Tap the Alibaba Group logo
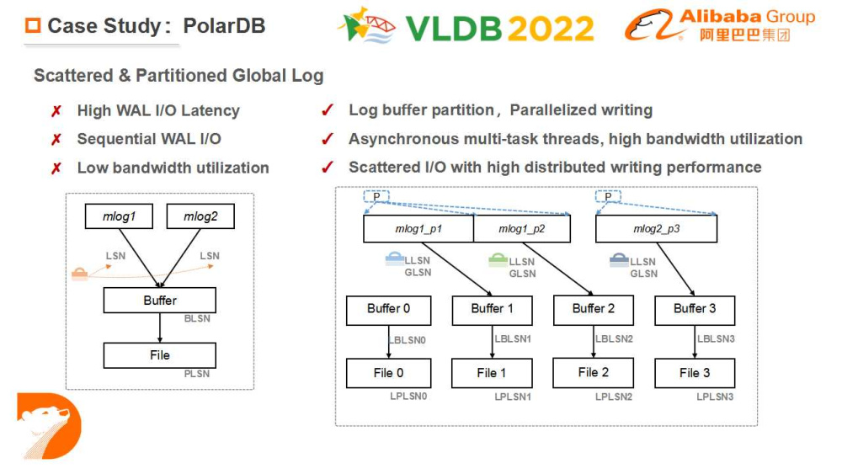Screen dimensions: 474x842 tap(720, 26)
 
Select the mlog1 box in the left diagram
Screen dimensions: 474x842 tap(119, 216)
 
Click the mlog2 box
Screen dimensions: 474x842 tap(200, 216)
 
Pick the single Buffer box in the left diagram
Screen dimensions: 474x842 tap(159, 301)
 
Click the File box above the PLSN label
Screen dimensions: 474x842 tap(159, 355)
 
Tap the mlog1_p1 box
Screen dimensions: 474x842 tap(418, 228)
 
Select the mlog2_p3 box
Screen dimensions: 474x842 tap(655, 228)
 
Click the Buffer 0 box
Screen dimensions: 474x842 tap(388, 309)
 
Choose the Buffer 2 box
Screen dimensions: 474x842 tap(594, 309)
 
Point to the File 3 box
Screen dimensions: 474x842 tap(695, 373)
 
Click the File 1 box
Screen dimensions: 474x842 tap(492, 373)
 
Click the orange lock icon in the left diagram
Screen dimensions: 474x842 tap(79, 274)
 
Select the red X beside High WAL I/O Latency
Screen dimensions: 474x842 tap(56, 111)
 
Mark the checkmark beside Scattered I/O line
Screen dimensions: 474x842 tap(328, 167)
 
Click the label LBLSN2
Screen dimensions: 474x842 tap(614, 339)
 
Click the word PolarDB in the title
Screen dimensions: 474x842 tap(225, 26)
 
